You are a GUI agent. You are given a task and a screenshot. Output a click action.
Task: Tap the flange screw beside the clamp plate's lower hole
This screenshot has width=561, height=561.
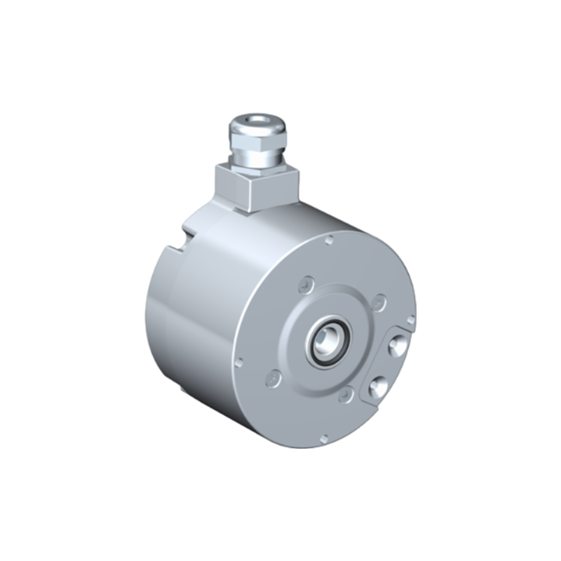point(345,396)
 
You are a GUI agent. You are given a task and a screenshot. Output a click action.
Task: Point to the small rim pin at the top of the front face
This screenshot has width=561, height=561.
point(330,240)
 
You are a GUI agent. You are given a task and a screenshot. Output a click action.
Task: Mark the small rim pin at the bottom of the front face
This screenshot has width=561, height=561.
point(323,438)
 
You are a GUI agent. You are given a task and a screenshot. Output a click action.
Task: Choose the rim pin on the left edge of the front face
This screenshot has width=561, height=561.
point(239,363)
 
